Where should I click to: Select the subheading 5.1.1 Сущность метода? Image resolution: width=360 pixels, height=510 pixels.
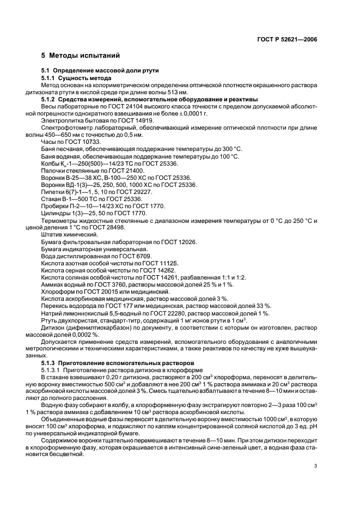point(77,78)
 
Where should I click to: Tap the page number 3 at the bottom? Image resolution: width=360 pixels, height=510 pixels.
point(315,465)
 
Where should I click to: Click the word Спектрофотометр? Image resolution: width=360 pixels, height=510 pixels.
point(60,128)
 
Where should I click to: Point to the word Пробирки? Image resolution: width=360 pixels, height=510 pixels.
point(53,206)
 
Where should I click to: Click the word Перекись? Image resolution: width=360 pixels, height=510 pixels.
point(53,305)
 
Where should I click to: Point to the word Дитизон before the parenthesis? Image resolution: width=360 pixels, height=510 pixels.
point(53,326)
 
